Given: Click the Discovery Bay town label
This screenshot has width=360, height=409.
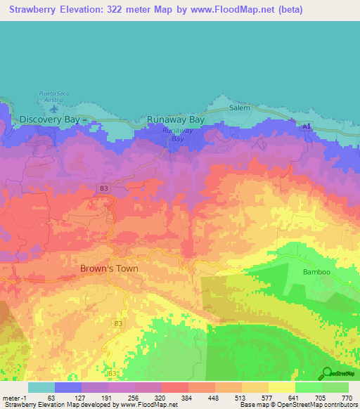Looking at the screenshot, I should click(x=49, y=119).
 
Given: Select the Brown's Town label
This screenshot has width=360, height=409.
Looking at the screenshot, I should click(x=109, y=268).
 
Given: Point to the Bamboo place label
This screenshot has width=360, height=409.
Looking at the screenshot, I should click(x=316, y=272).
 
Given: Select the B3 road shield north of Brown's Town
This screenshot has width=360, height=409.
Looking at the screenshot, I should click(x=103, y=188).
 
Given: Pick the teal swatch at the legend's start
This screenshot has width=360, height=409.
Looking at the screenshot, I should click(x=41, y=387).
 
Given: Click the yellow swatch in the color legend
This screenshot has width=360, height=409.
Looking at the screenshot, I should click(x=281, y=387).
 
